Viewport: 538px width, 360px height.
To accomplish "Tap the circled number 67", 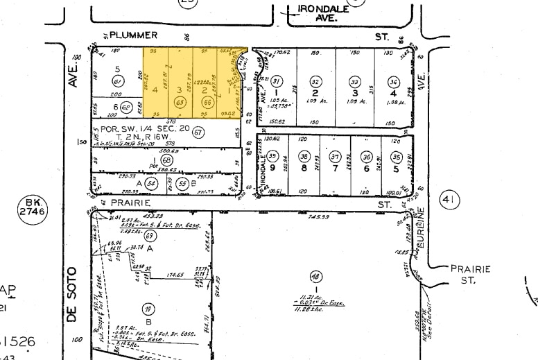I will click(x=199, y=132).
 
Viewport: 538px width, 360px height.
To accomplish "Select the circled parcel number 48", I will click(x=317, y=275).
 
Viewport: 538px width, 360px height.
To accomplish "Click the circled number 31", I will click(x=277, y=81).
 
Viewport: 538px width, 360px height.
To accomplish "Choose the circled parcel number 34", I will click(x=394, y=81).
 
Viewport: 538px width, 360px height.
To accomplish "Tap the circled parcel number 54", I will click(x=150, y=182).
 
